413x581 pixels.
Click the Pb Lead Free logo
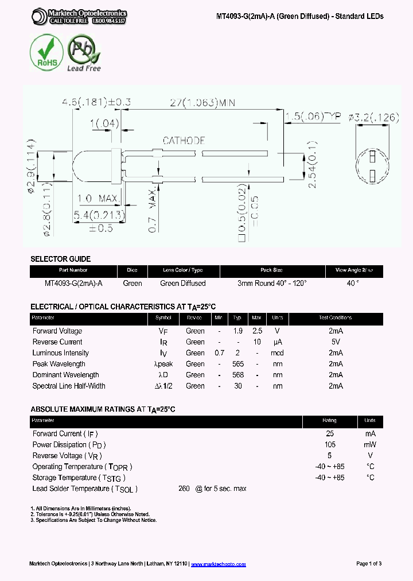[x=84, y=53]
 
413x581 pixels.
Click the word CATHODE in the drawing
[x=184, y=141]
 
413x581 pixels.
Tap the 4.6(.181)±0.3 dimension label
[x=96, y=103]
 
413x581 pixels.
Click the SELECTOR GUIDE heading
[x=60, y=259]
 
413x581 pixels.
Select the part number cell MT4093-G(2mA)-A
[x=73, y=283]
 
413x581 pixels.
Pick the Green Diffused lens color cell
[x=182, y=283]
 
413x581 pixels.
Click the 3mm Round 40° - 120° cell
[x=272, y=283]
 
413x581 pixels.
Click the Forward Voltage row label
[x=57, y=331]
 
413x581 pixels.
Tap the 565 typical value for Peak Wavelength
[x=237, y=364]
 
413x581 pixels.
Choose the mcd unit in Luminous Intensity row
[x=278, y=353]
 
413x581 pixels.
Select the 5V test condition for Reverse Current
[x=336, y=342]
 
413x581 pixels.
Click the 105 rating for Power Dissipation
[x=330, y=445]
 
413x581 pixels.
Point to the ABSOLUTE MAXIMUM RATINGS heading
[x=102, y=409]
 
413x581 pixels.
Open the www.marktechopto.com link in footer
[x=218, y=564]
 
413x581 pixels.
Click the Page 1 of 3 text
[x=369, y=564]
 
